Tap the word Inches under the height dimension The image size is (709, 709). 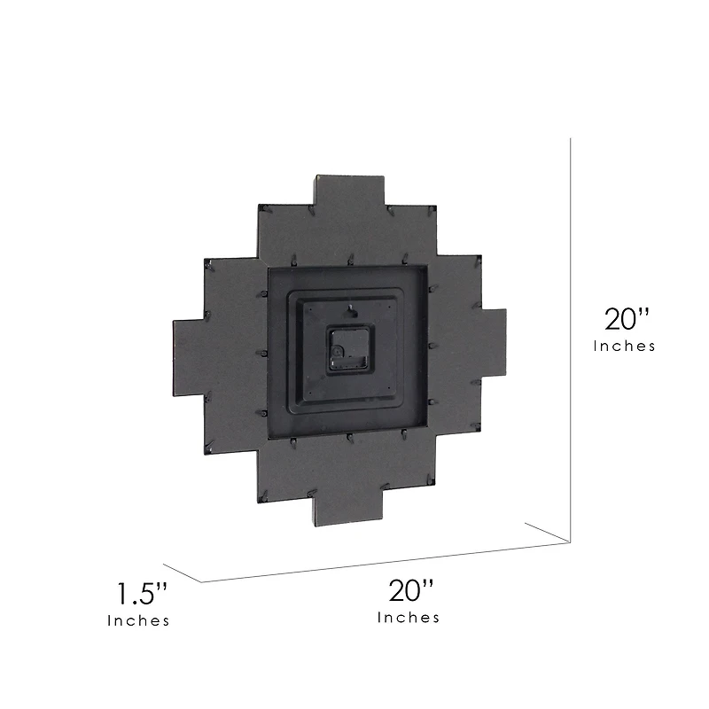tap(625, 347)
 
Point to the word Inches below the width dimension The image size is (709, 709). tap(409, 618)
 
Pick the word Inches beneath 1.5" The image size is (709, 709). tap(138, 621)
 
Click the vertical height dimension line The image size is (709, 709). tap(570, 337)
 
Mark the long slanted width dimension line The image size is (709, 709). tap(381, 565)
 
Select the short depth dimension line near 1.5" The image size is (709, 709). tap(183, 572)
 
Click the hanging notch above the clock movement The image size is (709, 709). tap(351, 310)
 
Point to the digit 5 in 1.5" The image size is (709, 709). tap(154, 593)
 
